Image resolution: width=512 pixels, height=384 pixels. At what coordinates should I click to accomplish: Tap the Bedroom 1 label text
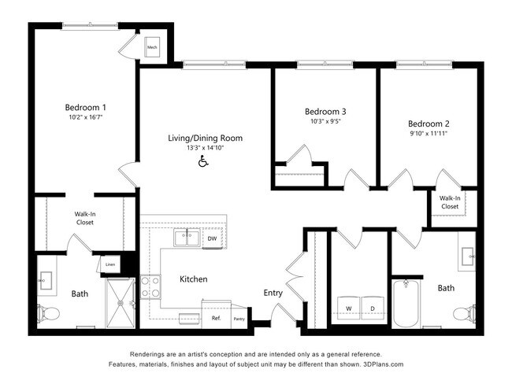pos(85,107)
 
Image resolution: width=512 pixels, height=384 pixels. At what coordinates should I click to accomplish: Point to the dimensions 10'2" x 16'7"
pos(85,117)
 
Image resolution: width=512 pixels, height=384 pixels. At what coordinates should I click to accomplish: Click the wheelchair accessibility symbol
pos(202,161)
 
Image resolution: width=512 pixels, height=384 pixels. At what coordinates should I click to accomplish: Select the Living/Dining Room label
pos(205,138)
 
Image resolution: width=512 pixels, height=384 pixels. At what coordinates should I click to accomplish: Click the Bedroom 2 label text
pos(429,124)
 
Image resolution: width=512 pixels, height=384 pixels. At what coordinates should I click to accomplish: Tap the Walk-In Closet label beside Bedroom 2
pos(450,202)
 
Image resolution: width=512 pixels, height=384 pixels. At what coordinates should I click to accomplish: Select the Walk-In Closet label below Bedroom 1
pos(86,217)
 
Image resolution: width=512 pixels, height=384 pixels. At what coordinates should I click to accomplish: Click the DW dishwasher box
pos(212,238)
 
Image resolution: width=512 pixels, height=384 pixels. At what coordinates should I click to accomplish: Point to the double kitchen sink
pos(186,236)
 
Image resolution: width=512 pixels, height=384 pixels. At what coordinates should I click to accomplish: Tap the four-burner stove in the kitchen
pos(150,287)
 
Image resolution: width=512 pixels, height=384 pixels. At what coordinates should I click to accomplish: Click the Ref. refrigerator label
pos(216,319)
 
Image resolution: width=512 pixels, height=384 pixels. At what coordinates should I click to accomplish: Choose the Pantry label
pos(239,319)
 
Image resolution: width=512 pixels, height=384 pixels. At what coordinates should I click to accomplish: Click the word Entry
pos(273,293)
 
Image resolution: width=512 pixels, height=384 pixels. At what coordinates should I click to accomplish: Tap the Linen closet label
pos(110,264)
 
